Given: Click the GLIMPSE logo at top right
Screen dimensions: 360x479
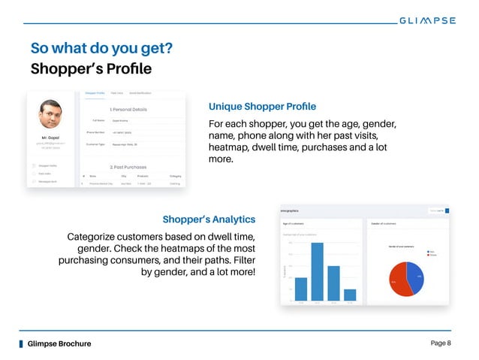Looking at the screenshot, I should (426, 20).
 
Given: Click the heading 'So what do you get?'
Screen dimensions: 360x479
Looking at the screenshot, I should (102, 49).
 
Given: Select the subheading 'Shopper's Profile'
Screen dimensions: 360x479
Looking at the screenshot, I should (91, 70).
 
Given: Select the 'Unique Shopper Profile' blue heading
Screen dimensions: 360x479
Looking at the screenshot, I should (262, 105).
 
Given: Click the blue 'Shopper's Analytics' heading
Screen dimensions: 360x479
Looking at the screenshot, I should (209, 219).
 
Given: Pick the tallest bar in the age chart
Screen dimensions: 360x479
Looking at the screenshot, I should (317, 271).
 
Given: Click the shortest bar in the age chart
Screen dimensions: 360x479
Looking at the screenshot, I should (350, 295).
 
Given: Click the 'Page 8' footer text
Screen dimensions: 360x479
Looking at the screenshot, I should (441, 343).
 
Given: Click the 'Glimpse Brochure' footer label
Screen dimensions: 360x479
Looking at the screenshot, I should (59, 343).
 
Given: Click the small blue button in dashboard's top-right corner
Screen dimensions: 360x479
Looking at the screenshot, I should (447, 211).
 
